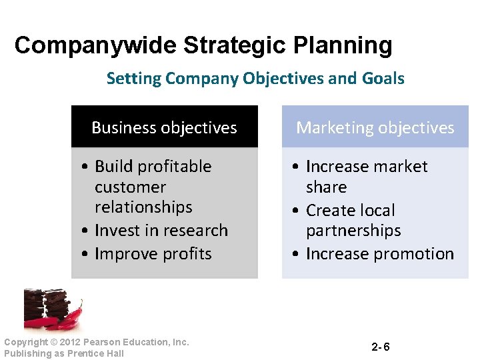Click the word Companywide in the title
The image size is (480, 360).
[x=96, y=46]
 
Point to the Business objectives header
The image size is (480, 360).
[x=164, y=127]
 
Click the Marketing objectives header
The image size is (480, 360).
[x=375, y=127]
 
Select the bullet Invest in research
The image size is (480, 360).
[x=161, y=231]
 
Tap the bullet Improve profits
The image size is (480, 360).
[x=153, y=254]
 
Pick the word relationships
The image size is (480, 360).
[x=143, y=207]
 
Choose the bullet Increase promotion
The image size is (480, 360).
[x=379, y=254]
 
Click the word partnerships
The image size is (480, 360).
[x=353, y=231]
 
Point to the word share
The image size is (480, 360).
[x=326, y=187]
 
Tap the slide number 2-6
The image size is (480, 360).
[x=381, y=347]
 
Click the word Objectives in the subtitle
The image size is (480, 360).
[x=283, y=79]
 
